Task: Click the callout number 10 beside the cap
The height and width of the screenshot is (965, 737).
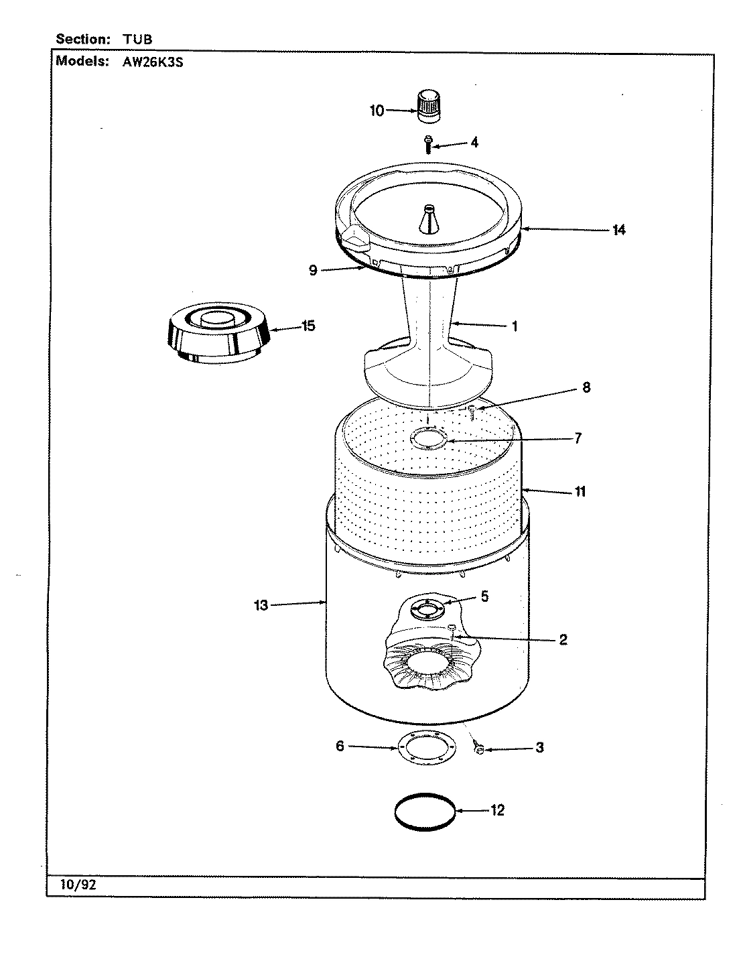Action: pyautogui.click(x=377, y=111)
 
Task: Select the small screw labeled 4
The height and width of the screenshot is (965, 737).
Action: pyautogui.click(x=428, y=143)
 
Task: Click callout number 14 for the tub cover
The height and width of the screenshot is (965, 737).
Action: pyautogui.click(x=618, y=230)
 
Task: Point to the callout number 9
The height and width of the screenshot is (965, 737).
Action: pyautogui.click(x=313, y=270)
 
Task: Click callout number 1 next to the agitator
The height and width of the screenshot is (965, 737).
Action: pyautogui.click(x=515, y=326)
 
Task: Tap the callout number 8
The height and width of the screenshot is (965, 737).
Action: pyautogui.click(x=586, y=387)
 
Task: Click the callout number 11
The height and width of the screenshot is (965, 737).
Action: pyautogui.click(x=580, y=492)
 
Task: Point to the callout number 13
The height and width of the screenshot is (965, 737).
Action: pyautogui.click(x=261, y=606)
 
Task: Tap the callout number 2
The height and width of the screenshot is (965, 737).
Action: pyautogui.click(x=563, y=639)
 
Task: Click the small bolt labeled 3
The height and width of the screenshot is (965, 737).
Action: pyautogui.click(x=478, y=749)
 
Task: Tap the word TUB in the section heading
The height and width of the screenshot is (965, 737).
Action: pyautogui.click(x=137, y=40)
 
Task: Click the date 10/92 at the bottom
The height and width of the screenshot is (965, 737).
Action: pyautogui.click(x=79, y=885)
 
